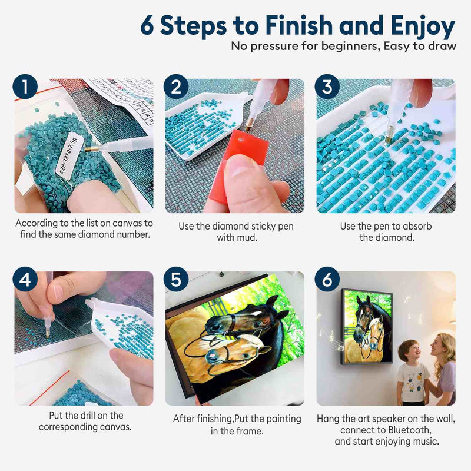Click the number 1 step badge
(x=25, y=87)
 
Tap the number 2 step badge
(x=176, y=87)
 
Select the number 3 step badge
(x=327, y=87)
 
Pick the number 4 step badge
(x=25, y=279)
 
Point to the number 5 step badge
(x=176, y=279)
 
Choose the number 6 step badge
(x=327, y=279)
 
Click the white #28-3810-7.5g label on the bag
(x=69, y=155)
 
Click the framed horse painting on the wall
(x=367, y=327)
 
